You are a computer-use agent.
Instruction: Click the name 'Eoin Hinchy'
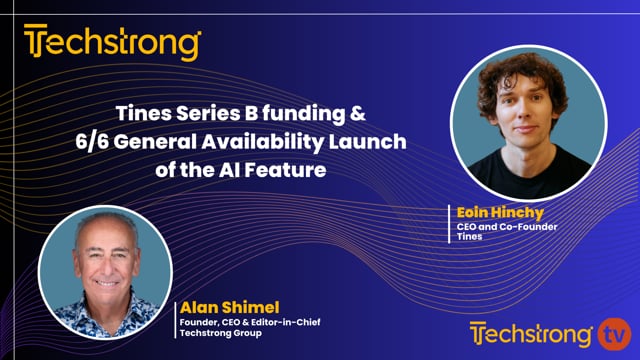(499, 213)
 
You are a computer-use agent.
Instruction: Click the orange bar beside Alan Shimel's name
(176, 318)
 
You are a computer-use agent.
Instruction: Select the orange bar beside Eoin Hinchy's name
(447, 224)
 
